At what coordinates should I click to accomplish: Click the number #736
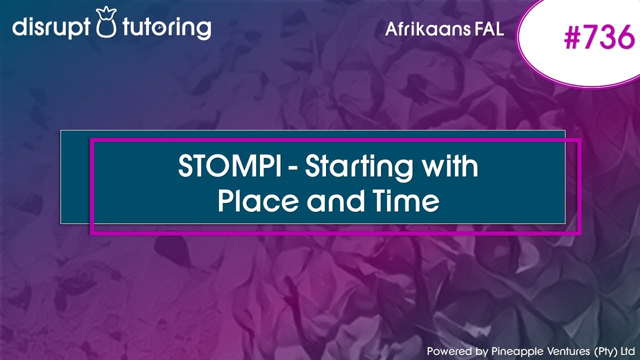click(x=598, y=38)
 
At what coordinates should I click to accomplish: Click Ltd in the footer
click(x=628, y=351)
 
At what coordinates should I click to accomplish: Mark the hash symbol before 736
click(x=574, y=38)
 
